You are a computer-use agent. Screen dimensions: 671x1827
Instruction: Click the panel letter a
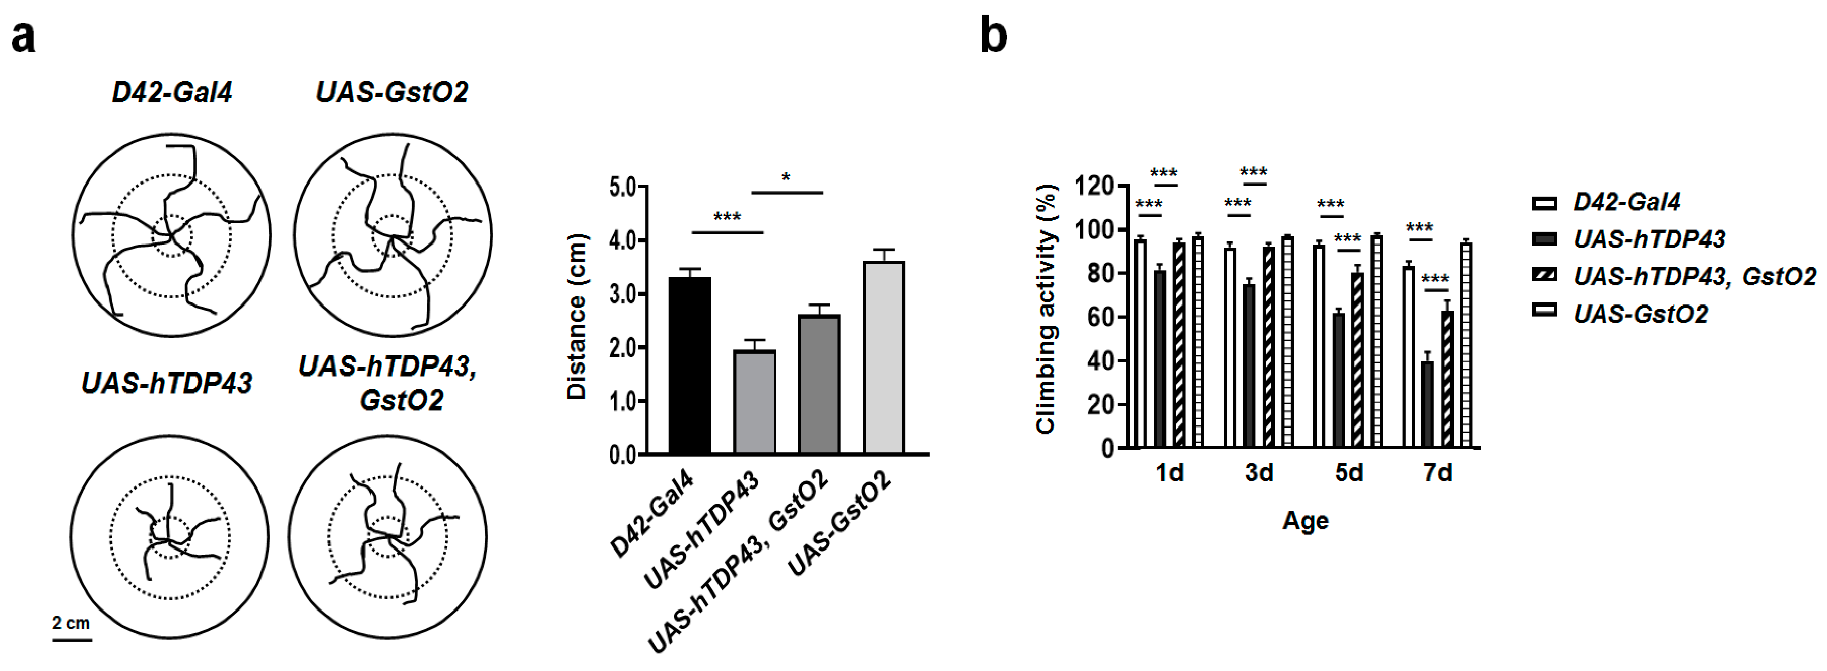(x=23, y=37)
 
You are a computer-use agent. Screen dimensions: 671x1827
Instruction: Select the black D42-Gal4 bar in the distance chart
(x=689, y=365)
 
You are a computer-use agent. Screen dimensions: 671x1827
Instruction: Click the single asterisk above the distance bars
(x=786, y=178)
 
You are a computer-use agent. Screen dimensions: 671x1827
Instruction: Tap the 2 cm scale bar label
(x=71, y=623)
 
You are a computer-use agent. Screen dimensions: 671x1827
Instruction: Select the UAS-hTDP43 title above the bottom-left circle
(x=167, y=384)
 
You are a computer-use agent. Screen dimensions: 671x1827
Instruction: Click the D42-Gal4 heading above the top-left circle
(x=172, y=93)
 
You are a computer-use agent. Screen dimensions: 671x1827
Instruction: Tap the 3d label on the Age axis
(x=1259, y=472)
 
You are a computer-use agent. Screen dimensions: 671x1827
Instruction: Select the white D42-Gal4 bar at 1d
(x=1140, y=343)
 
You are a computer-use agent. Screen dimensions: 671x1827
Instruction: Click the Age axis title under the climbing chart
(x=1305, y=521)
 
